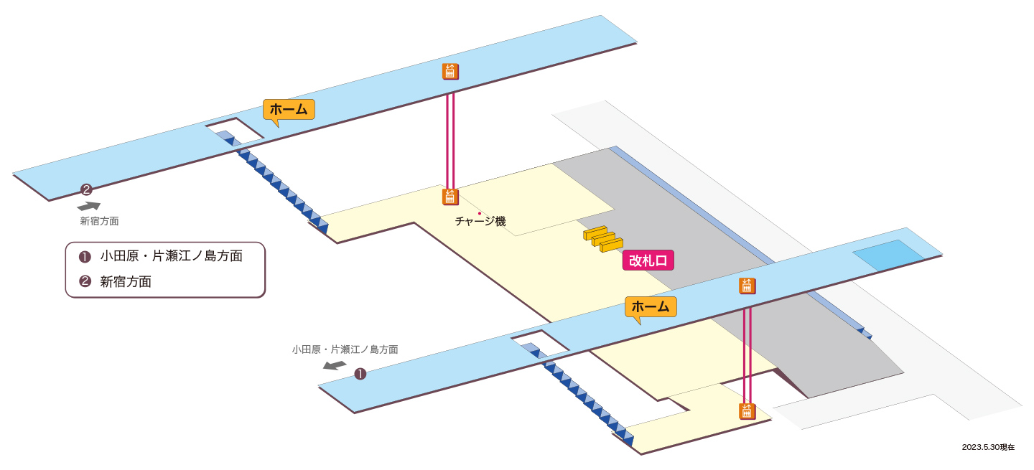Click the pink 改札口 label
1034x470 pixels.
[x=648, y=260]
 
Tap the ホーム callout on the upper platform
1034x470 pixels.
[x=289, y=110]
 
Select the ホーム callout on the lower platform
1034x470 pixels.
[x=651, y=306]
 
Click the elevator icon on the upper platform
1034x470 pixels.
[x=450, y=72]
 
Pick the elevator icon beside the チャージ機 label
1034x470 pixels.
[x=450, y=197]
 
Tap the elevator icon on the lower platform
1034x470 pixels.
[x=747, y=286]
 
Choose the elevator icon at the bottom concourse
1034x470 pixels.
[x=747, y=411]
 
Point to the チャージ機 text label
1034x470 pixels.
[x=480, y=222]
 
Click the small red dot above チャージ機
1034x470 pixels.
[x=480, y=213]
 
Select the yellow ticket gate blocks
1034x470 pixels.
[x=603, y=239]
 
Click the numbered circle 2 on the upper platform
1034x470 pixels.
[x=86, y=189]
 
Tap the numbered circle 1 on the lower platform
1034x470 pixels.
[x=360, y=374]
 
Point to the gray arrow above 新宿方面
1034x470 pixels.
[x=88, y=206]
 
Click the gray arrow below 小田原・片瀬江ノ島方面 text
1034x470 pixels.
[x=335, y=365]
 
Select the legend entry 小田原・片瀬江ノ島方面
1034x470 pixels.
[x=161, y=256]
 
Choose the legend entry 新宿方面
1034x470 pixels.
[x=115, y=281]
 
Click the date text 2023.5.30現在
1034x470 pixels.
[x=988, y=447]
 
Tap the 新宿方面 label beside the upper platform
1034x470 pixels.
[x=99, y=222]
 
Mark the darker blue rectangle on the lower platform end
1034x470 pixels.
[x=888, y=255]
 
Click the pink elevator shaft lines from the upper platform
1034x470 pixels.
[x=450, y=141]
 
